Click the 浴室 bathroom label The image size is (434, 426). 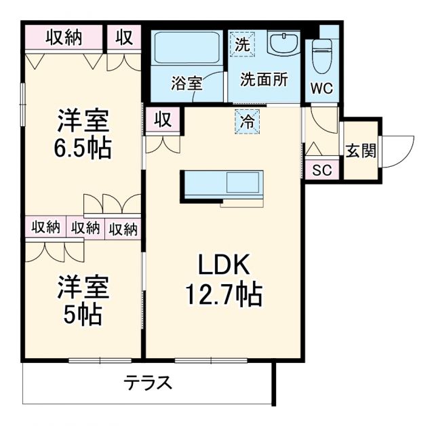pyautogui.click(x=186, y=84)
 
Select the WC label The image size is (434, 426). pyautogui.click(x=321, y=88)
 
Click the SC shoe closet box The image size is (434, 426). pyautogui.click(x=321, y=170)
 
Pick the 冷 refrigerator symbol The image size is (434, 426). pyautogui.click(x=248, y=122)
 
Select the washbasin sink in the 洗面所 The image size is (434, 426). pyautogui.click(x=283, y=44)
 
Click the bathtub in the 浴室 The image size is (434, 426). pyautogui.click(x=186, y=47)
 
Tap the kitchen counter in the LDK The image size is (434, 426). pyautogui.click(x=222, y=185)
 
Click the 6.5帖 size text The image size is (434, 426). pyautogui.click(x=83, y=147)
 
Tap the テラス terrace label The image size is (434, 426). pyautogui.click(x=148, y=383)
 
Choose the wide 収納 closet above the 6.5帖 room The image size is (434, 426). pyautogui.click(x=64, y=38)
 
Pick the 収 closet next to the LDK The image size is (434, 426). pyautogui.click(x=162, y=120)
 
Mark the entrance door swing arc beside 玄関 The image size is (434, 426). pyautogui.click(x=400, y=151)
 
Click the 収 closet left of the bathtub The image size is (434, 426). pyautogui.click(x=124, y=38)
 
